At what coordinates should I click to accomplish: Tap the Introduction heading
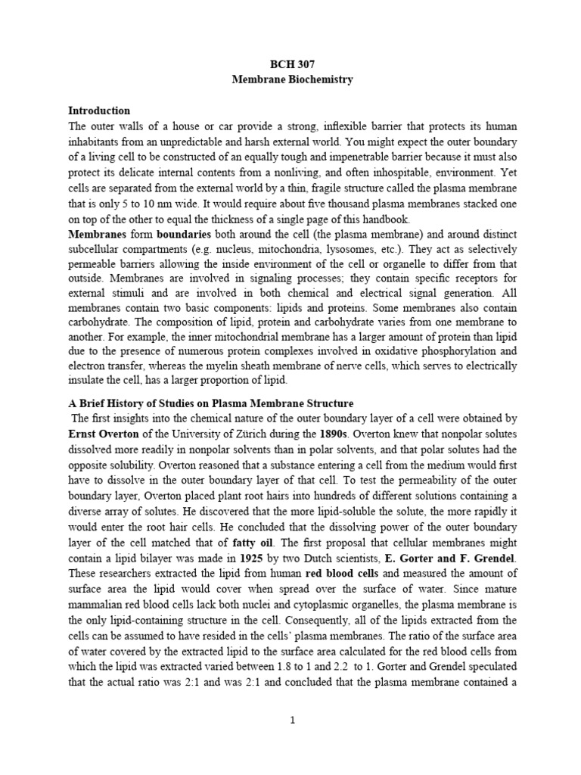(99, 111)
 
